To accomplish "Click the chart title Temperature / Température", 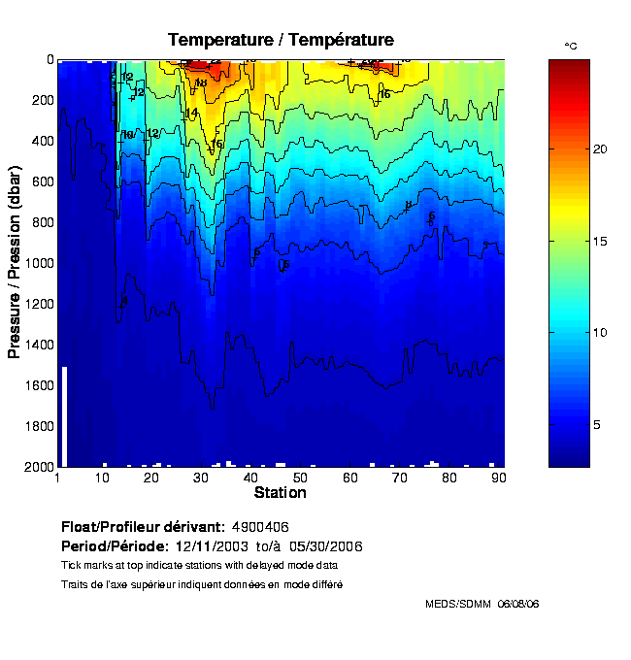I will [281, 40].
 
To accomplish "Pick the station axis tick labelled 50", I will [301, 478].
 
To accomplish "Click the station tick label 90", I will [498, 478].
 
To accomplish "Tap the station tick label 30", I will [202, 478].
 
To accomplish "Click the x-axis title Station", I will [281, 493].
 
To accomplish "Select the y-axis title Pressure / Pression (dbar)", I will [15, 263].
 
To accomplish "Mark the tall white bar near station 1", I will [64, 416].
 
